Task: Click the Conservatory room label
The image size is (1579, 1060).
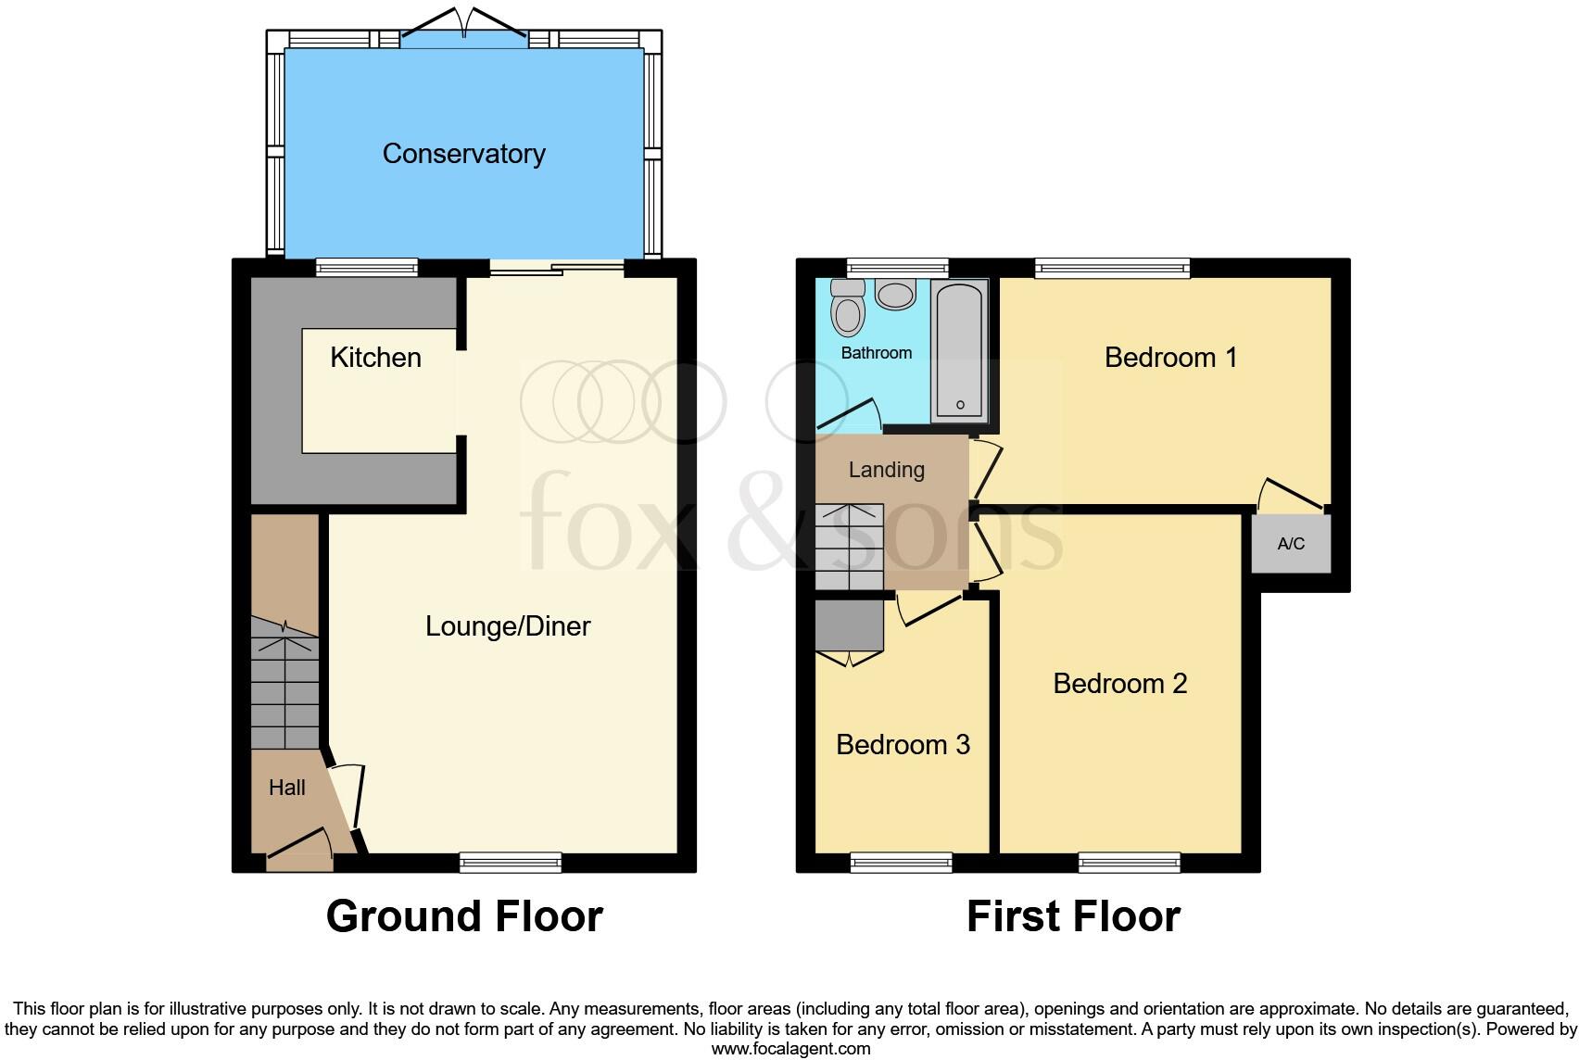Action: click(463, 154)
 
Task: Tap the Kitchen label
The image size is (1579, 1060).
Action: click(375, 358)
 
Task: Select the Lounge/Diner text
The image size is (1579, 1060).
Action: click(508, 626)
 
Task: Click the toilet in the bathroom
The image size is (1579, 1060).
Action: click(846, 309)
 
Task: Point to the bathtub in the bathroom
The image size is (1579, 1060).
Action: click(959, 353)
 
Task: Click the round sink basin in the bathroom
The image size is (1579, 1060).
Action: click(895, 296)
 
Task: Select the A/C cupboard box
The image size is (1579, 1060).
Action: click(1291, 544)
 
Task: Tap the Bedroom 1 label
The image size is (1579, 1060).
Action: click(1170, 358)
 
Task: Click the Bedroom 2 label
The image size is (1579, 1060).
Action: click(1119, 684)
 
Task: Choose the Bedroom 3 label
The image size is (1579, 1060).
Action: click(903, 745)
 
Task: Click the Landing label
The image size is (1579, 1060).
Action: click(886, 470)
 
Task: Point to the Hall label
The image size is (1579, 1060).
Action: click(286, 788)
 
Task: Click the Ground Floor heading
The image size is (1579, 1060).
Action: click(464, 916)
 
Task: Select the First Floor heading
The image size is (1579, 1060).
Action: click(1073, 916)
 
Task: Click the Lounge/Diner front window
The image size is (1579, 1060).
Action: click(511, 863)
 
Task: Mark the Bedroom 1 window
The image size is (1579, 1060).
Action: click(1112, 269)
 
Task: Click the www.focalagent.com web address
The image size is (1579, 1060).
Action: click(790, 1049)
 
